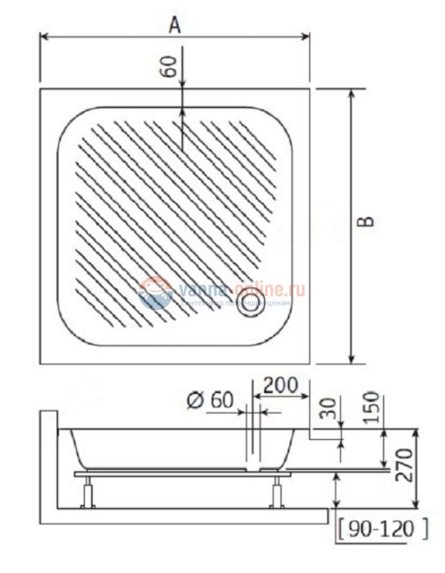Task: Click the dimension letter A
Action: (x=176, y=26)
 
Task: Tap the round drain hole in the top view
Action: (x=251, y=306)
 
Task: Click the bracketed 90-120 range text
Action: (x=382, y=529)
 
